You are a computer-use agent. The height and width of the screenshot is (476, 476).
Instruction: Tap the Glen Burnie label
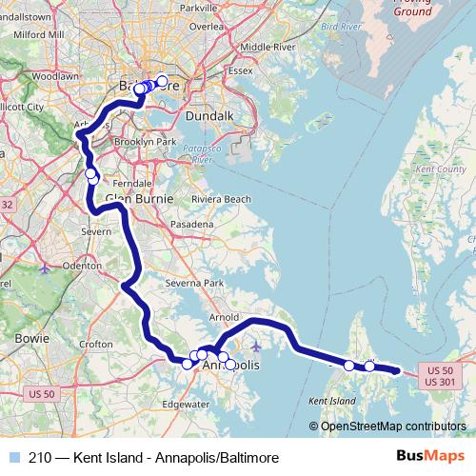point(139,199)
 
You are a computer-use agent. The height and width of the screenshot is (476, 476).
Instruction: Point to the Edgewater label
point(186,404)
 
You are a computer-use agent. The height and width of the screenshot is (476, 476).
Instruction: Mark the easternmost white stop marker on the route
point(369,366)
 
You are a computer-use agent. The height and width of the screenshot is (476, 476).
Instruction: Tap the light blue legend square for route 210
point(12,457)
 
